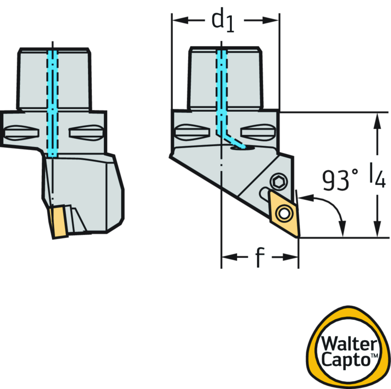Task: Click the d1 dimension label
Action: (224, 21)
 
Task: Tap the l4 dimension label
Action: (377, 176)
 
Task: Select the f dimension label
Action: (260, 257)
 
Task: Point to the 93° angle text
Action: (340, 180)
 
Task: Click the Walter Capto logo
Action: (349, 347)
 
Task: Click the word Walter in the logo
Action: (348, 344)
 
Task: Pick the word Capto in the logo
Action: (346, 360)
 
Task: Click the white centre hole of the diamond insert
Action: (284, 213)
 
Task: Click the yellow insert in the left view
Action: (60, 222)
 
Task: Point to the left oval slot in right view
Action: (192, 132)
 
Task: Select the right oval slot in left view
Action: (86, 132)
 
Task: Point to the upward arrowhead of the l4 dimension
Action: (377, 119)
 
